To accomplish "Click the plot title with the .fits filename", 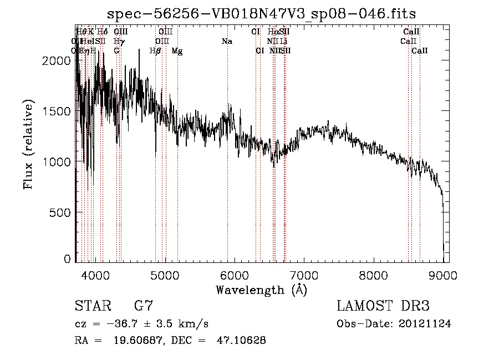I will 261,13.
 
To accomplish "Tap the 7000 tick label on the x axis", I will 304,275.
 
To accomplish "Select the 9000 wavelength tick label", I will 443,275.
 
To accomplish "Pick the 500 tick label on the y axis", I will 62,212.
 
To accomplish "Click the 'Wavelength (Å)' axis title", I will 261,290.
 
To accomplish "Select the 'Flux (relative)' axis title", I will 29,144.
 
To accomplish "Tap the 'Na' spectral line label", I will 226,42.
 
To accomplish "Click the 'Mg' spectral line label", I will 177,51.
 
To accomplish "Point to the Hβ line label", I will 155,51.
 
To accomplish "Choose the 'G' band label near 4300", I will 116,51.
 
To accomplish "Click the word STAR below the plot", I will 90,306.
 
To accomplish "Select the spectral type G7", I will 144,306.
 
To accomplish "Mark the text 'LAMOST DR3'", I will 383,306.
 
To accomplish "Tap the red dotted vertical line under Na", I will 227,166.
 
